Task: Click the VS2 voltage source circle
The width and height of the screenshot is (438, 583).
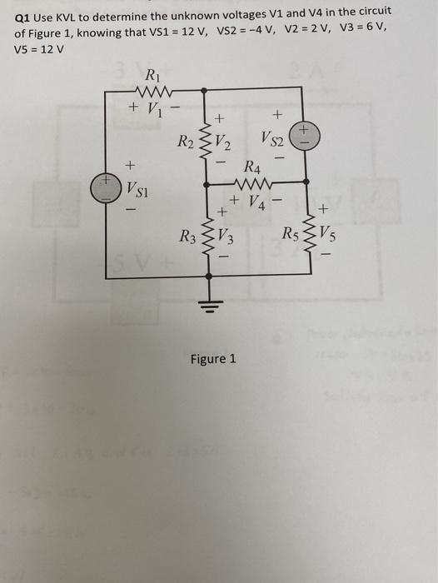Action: (x=305, y=135)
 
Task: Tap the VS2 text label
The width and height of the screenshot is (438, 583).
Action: (x=275, y=137)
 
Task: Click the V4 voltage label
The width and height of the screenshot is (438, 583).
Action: (x=257, y=201)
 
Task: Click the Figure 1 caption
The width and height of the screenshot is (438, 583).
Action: (x=213, y=358)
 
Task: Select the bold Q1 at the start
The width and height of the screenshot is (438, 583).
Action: (x=23, y=17)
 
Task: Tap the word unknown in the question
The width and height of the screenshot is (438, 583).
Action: (x=189, y=17)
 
